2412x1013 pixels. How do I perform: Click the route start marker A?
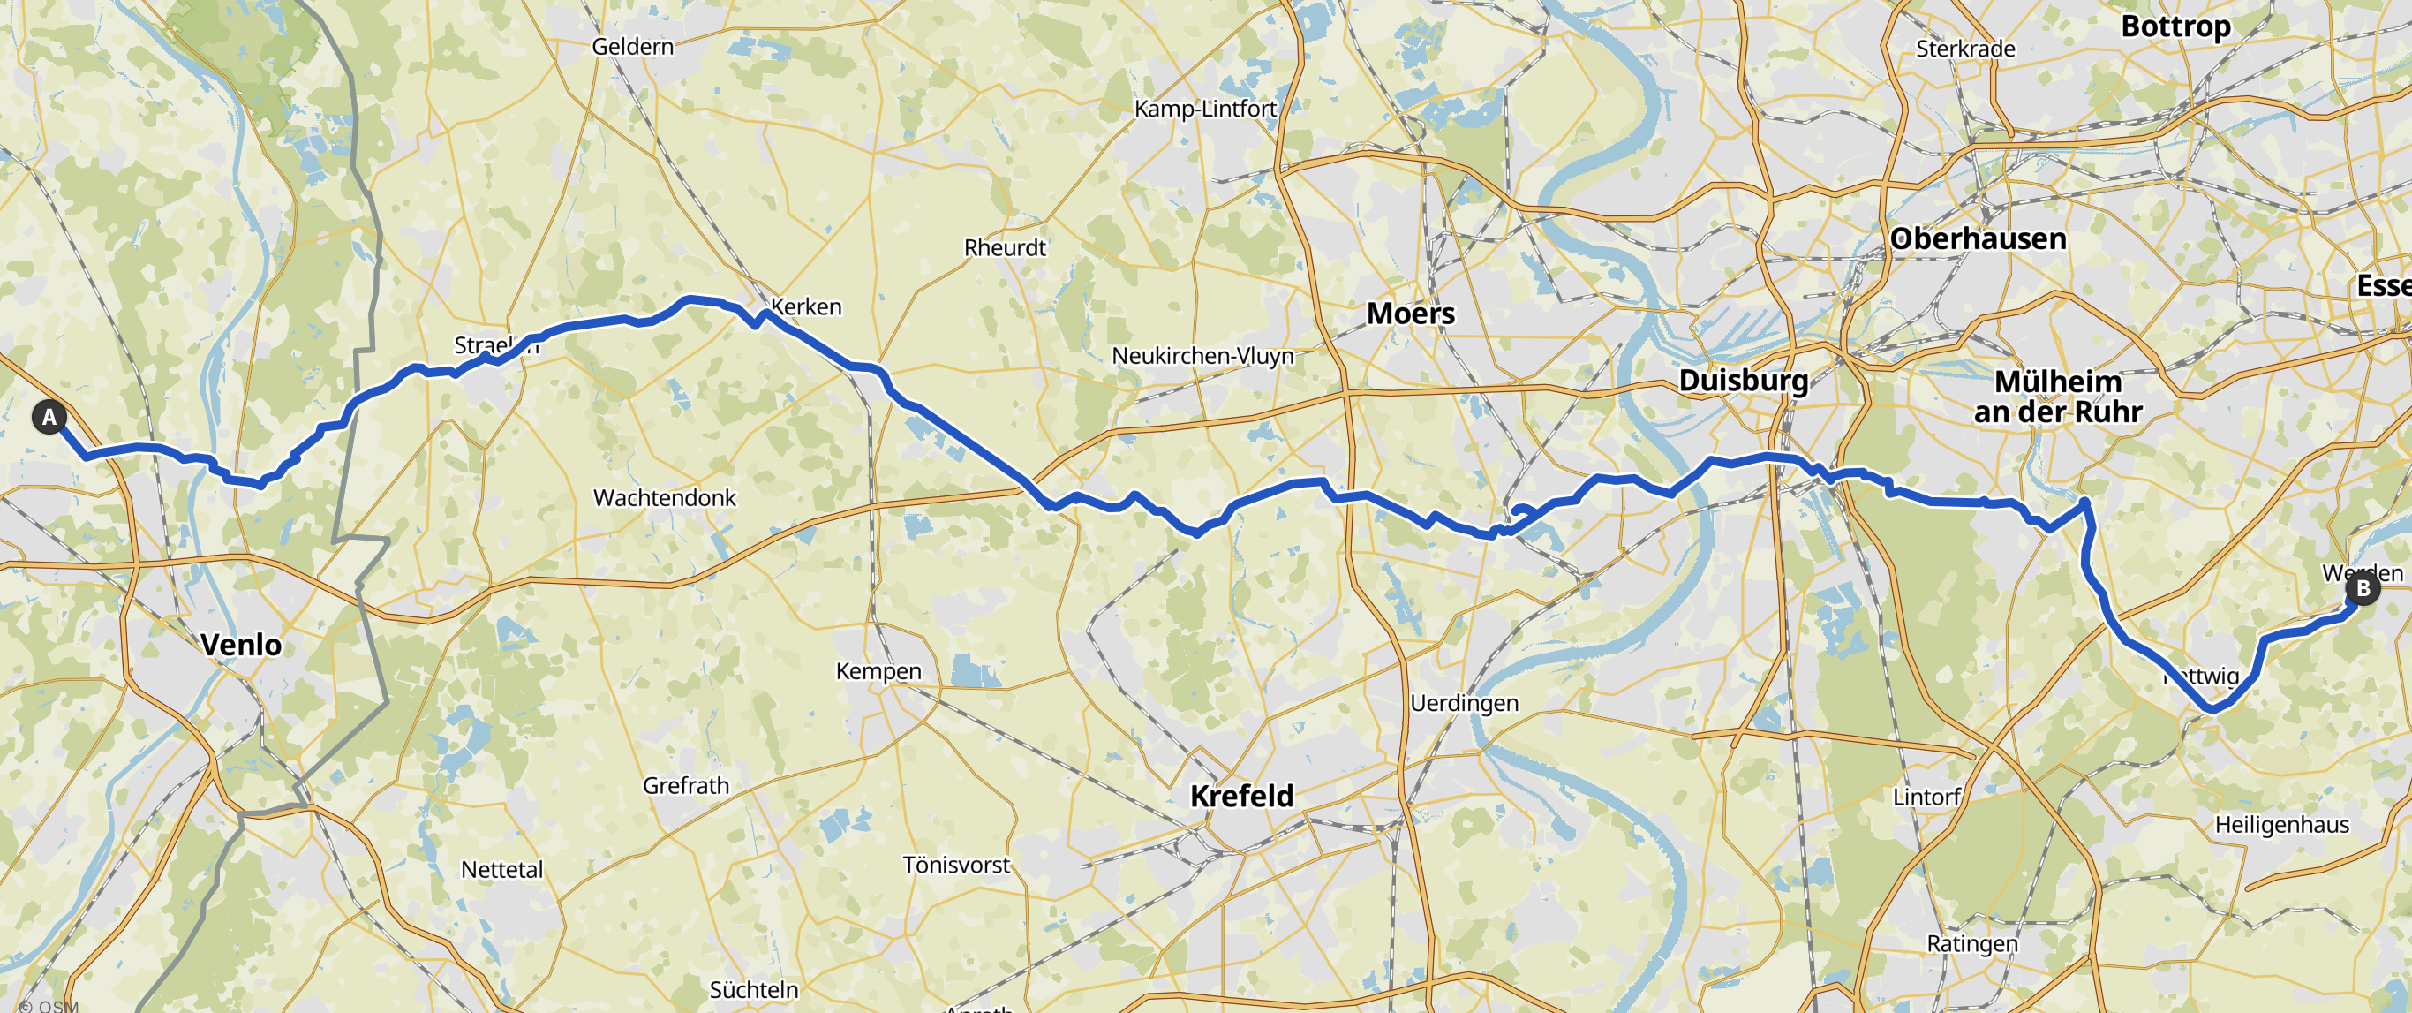click(49, 417)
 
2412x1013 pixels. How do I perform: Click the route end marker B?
click(2363, 588)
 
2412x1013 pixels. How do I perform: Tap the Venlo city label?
click(241, 644)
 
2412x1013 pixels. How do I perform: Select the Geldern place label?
click(632, 46)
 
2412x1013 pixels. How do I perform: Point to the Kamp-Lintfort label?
click(1205, 109)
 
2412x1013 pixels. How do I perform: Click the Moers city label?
click(1410, 313)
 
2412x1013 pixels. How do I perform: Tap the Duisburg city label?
click(1743, 380)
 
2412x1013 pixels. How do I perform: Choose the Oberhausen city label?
click(1978, 238)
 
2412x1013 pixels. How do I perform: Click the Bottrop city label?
click(2175, 26)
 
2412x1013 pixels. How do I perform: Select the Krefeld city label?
click(1241, 795)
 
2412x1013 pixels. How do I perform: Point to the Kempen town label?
click(878, 671)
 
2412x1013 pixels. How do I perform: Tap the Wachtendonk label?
click(665, 497)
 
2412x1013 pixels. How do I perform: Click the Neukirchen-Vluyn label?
click(1202, 356)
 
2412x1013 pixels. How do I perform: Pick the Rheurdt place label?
click(1005, 247)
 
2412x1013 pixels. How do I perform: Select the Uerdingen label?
click(1464, 702)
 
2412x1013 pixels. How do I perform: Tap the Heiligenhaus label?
click(2282, 824)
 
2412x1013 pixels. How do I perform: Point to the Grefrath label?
click(685, 784)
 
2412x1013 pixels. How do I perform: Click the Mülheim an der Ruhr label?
click(2058, 396)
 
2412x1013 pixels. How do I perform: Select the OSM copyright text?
click(48, 1006)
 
